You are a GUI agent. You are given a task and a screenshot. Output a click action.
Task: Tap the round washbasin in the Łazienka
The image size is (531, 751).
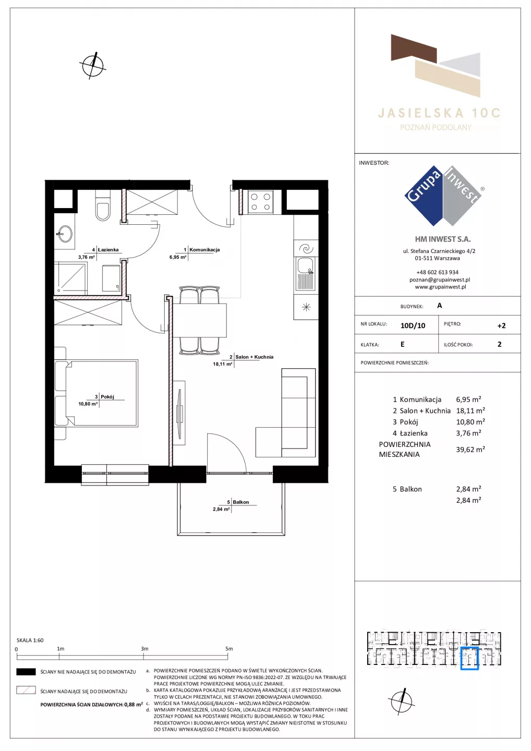pyautogui.click(x=64, y=234)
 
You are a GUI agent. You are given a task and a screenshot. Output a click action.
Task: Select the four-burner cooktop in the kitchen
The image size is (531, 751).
pyautogui.click(x=260, y=202)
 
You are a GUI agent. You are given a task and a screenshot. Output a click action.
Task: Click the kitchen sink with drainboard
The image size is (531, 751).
pyautogui.click(x=305, y=274)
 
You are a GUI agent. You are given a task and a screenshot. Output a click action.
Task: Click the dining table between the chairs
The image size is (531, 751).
pyautogui.click(x=199, y=321)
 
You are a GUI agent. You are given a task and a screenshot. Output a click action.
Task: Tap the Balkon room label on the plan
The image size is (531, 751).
pyautogui.click(x=240, y=502)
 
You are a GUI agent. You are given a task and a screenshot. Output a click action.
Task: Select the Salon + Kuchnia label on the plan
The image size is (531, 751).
pyautogui.click(x=254, y=357)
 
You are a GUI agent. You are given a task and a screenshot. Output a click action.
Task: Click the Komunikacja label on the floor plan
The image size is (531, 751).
pyautogui.click(x=204, y=249)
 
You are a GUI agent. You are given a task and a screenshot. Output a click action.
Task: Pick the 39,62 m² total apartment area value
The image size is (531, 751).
pyautogui.click(x=470, y=449)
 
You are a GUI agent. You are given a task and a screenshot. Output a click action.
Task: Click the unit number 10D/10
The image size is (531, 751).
pyautogui.click(x=413, y=325)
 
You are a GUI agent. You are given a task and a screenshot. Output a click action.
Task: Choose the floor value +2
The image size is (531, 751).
pyautogui.click(x=501, y=325)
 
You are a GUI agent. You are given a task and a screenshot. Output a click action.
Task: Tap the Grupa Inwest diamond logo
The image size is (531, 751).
pyautogui.click(x=443, y=196)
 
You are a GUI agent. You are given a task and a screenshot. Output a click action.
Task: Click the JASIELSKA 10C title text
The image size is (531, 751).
pyautogui.click(x=439, y=113)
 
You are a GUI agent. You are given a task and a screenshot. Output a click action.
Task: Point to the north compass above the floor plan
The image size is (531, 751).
pyautogui.click(x=93, y=66)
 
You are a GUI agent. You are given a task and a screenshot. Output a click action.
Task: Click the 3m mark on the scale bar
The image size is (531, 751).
pyautogui.click(x=144, y=648)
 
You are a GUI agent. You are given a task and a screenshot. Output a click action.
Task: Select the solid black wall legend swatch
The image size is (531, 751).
pyautogui.click(x=26, y=672)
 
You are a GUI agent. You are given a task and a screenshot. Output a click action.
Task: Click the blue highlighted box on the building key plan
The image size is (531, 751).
pyautogui.click(x=469, y=659)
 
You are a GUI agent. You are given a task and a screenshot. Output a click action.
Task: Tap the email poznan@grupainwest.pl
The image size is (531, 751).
pyautogui.click(x=440, y=280)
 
